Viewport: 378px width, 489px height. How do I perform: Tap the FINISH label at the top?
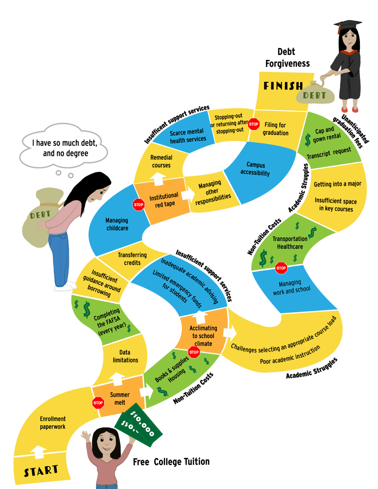click(283, 86)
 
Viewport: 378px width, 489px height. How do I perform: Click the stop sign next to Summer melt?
click(98, 403)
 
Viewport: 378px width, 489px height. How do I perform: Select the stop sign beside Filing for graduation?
click(254, 124)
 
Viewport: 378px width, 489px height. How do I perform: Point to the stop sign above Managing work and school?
click(281, 268)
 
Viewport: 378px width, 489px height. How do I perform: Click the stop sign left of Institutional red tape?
click(139, 205)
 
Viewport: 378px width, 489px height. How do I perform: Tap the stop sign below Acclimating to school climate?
click(194, 352)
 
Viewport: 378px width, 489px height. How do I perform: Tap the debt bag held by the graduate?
click(315, 94)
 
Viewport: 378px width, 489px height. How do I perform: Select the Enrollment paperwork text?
click(53, 423)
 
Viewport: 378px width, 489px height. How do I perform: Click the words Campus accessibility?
click(255, 169)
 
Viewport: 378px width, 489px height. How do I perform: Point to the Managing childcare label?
click(117, 224)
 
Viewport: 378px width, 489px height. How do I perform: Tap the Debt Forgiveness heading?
click(287, 57)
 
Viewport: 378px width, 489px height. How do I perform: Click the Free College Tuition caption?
click(171, 462)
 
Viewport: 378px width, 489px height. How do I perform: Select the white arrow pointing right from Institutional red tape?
click(188, 194)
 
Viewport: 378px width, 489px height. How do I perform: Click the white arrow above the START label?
click(38, 452)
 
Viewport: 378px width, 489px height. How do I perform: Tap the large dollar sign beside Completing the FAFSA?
click(87, 310)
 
